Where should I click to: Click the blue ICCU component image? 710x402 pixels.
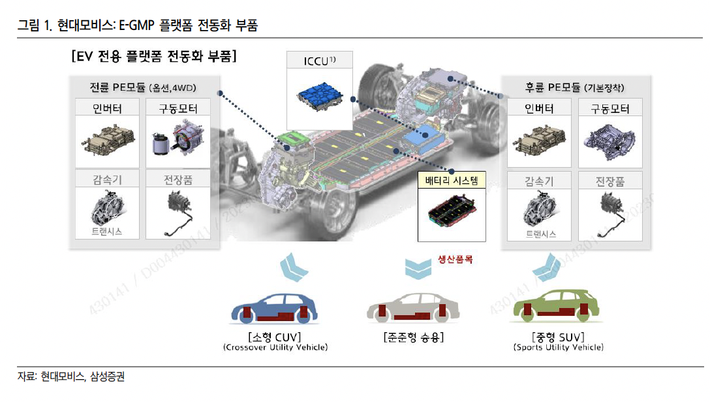[x=319, y=95]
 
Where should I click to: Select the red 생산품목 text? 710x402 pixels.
[x=455, y=259]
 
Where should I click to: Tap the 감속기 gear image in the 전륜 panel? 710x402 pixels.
[x=107, y=209]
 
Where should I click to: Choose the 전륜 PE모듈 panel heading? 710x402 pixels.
[x=143, y=87]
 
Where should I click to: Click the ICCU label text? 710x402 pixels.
[x=319, y=62]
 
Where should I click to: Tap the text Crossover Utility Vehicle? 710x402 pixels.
[x=275, y=348]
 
